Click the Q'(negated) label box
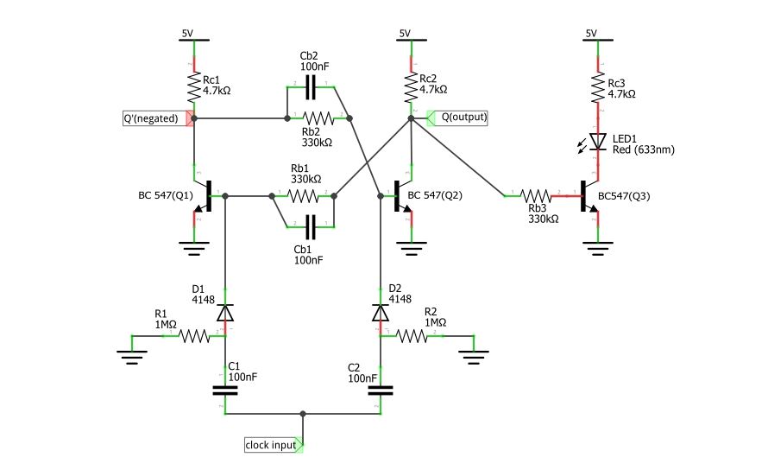[x=156, y=118]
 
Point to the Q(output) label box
[x=458, y=117]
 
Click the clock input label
[x=272, y=446]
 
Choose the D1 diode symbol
[x=225, y=312]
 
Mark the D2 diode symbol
[x=379, y=312]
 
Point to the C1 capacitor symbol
[x=225, y=391]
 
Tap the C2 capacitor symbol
[x=379, y=391]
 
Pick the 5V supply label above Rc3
[x=591, y=34]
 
